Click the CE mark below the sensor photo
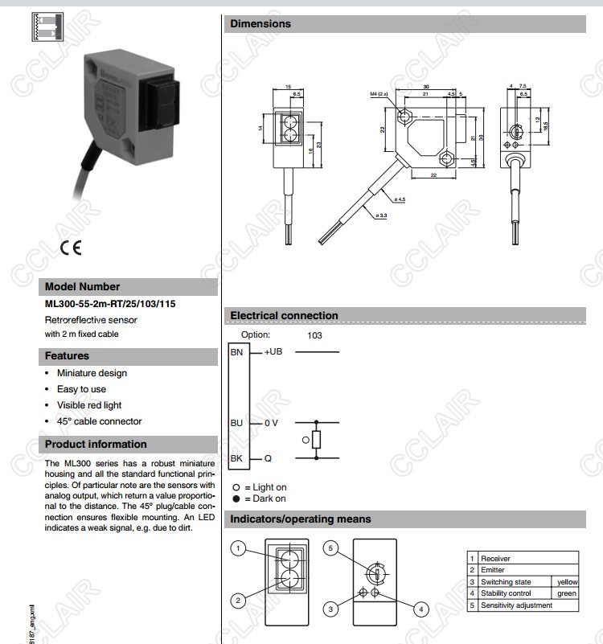[x=70, y=248]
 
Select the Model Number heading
[x=82, y=286]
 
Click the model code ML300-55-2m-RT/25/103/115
[x=110, y=305]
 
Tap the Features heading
[x=67, y=355]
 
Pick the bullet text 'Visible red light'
[x=88, y=405]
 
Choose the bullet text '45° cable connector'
[x=99, y=421]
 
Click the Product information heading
[x=96, y=444]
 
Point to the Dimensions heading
[x=260, y=24]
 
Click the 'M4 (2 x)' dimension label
[x=379, y=94]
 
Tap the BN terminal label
[x=237, y=352]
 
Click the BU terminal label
[x=237, y=422]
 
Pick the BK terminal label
[x=237, y=458]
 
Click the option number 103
[x=314, y=335]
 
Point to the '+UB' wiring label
[x=273, y=352]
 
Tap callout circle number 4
[x=420, y=609]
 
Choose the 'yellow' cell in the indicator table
[x=567, y=581]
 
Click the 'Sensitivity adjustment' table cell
[x=516, y=605]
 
